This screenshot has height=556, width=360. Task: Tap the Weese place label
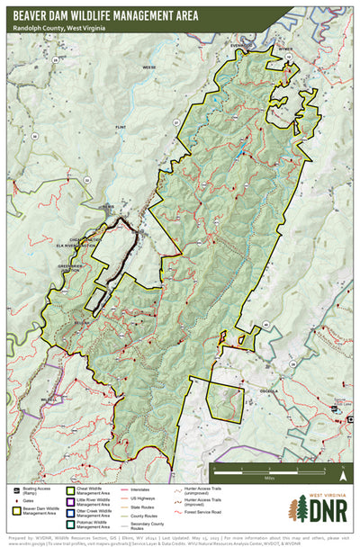pyautogui.click(x=148, y=67)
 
